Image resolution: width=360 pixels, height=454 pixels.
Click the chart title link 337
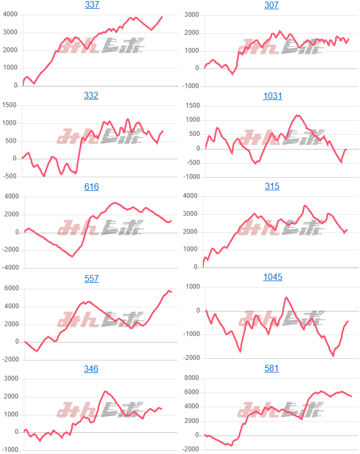(x=92, y=5)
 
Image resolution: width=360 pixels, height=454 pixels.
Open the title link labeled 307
(x=272, y=5)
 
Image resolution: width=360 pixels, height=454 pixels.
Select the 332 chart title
(x=91, y=96)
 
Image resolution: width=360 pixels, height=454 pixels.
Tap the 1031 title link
(x=272, y=96)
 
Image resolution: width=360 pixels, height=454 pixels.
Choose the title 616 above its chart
(x=91, y=186)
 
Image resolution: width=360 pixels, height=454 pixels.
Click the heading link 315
(x=272, y=186)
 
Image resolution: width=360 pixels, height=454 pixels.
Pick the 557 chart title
(x=91, y=278)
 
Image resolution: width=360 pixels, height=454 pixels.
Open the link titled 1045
(x=272, y=277)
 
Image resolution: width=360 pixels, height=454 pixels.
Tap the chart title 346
(x=91, y=369)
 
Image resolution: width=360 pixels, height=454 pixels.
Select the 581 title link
(x=272, y=369)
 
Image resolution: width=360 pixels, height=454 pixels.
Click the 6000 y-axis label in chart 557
(x=10, y=289)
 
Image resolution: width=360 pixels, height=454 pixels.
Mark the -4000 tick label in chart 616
(x=9, y=268)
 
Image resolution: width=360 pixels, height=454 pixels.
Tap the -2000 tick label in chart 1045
(x=190, y=358)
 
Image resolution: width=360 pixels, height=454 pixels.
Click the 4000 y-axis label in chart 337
(x=10, y=15)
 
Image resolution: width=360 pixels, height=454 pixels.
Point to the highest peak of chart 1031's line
(x=297, y=115)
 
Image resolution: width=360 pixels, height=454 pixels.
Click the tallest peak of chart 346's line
(x=105, y=391)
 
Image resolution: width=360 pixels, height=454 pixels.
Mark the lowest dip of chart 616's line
(x=72, y=256)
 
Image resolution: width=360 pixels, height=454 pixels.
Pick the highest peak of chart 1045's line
(x=286, y=297)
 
